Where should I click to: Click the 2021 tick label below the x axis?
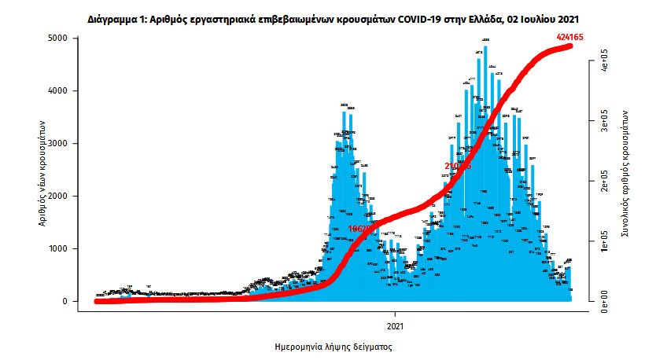click(x=396, y=325)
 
